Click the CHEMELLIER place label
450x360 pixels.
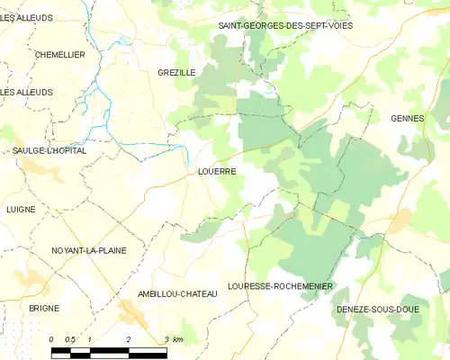coord(59,55)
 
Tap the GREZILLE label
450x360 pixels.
coord(176,72)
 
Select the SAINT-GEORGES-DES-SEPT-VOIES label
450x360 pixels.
coord(285,25)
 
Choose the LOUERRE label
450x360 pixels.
coord(216,170)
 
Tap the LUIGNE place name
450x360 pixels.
coord(21,209)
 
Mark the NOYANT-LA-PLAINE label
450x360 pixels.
coord(89,250)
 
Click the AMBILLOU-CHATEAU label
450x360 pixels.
coord(178,294)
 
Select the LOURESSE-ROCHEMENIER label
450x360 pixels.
coord(281,286)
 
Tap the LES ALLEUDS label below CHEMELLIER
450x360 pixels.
coord(27,92)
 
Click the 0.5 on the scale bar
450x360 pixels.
coord(70,339)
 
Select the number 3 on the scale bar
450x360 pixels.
coord(166,339)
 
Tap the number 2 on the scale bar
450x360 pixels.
coord(129,339)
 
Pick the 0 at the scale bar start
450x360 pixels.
coord(52,339)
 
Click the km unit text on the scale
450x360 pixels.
coord(178,339)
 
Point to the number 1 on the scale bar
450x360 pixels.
coord(90,339)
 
